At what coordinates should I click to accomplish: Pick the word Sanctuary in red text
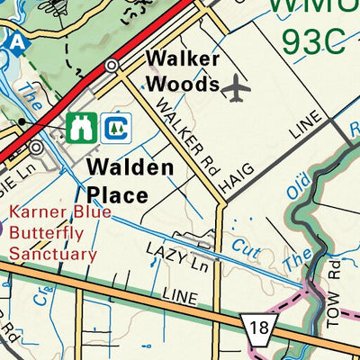point(53,254)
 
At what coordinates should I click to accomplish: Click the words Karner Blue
point(60,213)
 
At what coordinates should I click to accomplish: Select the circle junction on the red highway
point(112,66)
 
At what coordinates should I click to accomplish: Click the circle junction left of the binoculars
point(36,147)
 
